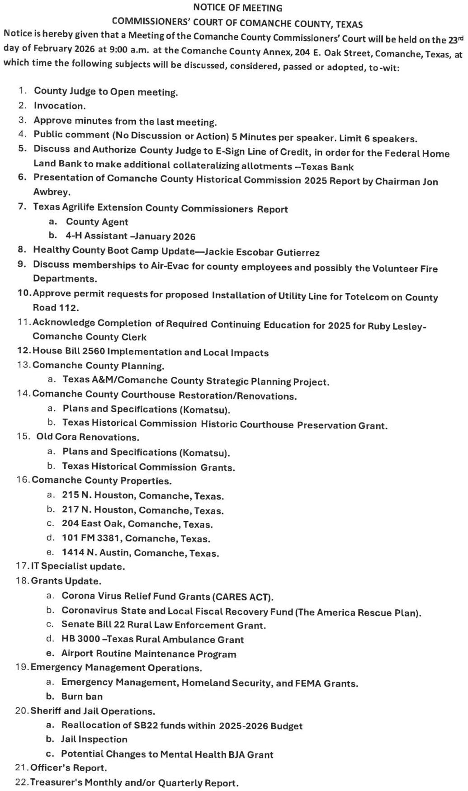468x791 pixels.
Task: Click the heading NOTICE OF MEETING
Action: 237,8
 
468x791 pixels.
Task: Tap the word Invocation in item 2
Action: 59,106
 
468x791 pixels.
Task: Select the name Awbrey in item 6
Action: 52,192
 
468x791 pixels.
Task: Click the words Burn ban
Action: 82,696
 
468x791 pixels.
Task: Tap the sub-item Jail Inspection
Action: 94,739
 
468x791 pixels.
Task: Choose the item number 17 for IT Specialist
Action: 22,566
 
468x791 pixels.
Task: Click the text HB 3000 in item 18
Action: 77,639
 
